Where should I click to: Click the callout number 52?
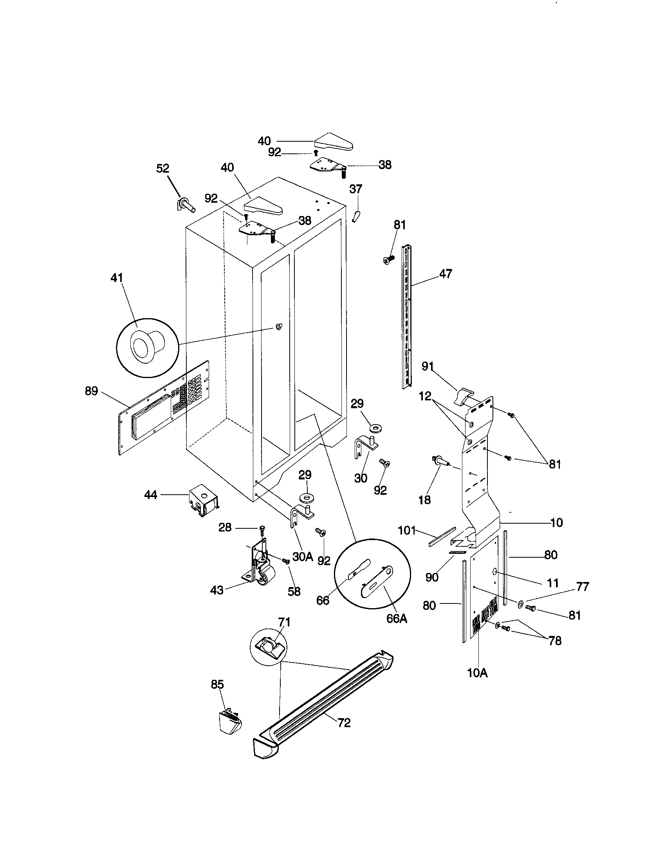pos(162,168)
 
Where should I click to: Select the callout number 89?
pos(92,391)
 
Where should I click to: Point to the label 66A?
pos(396,618)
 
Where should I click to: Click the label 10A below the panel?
pos(478,674)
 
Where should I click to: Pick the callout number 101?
pos(407,530)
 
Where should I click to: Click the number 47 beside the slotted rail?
pos(446,273)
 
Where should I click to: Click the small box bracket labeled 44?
pos(203,500)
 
